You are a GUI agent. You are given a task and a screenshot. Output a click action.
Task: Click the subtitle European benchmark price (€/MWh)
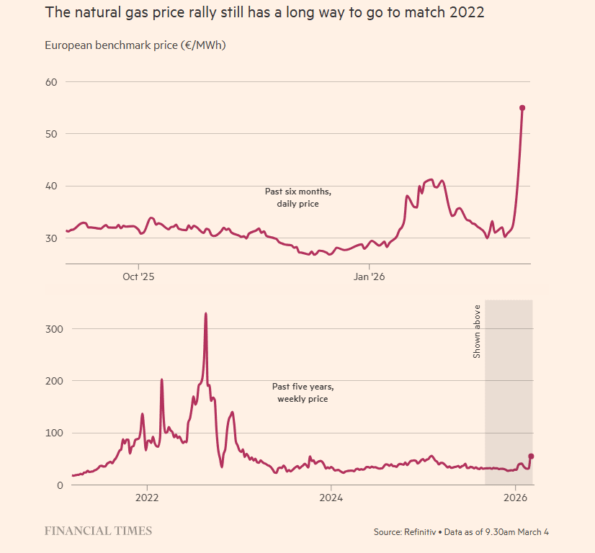[x=135, y=45]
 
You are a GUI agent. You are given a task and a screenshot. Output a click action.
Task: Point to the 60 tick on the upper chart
[x=51, y=81]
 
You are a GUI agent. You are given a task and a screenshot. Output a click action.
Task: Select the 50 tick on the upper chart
[x=51, y=134]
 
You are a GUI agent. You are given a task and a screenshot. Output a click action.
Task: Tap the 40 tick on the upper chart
[x=51, y=186]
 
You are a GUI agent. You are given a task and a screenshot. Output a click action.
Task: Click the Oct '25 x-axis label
[x=138, y=276]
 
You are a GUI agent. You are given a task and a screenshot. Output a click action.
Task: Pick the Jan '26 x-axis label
[x=369, y=276]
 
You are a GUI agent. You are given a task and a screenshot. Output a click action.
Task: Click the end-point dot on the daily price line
[x=522, y=108]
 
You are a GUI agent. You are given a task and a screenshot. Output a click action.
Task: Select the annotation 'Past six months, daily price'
[x=298, y=197]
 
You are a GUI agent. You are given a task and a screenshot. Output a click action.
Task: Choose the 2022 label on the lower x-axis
[x=146, y=498]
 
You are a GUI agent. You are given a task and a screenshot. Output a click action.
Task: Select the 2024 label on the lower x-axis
[x=331, y=498]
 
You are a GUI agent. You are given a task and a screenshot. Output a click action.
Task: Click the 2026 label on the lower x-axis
[x=515, y=498]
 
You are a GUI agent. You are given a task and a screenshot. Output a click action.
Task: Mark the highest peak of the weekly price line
[x=206, y=314]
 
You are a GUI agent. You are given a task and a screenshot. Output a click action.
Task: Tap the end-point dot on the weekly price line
[x=531, y=456]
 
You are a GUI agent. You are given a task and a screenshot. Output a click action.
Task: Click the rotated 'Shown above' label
[x=477, y=331]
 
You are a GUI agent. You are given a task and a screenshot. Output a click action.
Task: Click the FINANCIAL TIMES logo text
[x=98, y=531]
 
